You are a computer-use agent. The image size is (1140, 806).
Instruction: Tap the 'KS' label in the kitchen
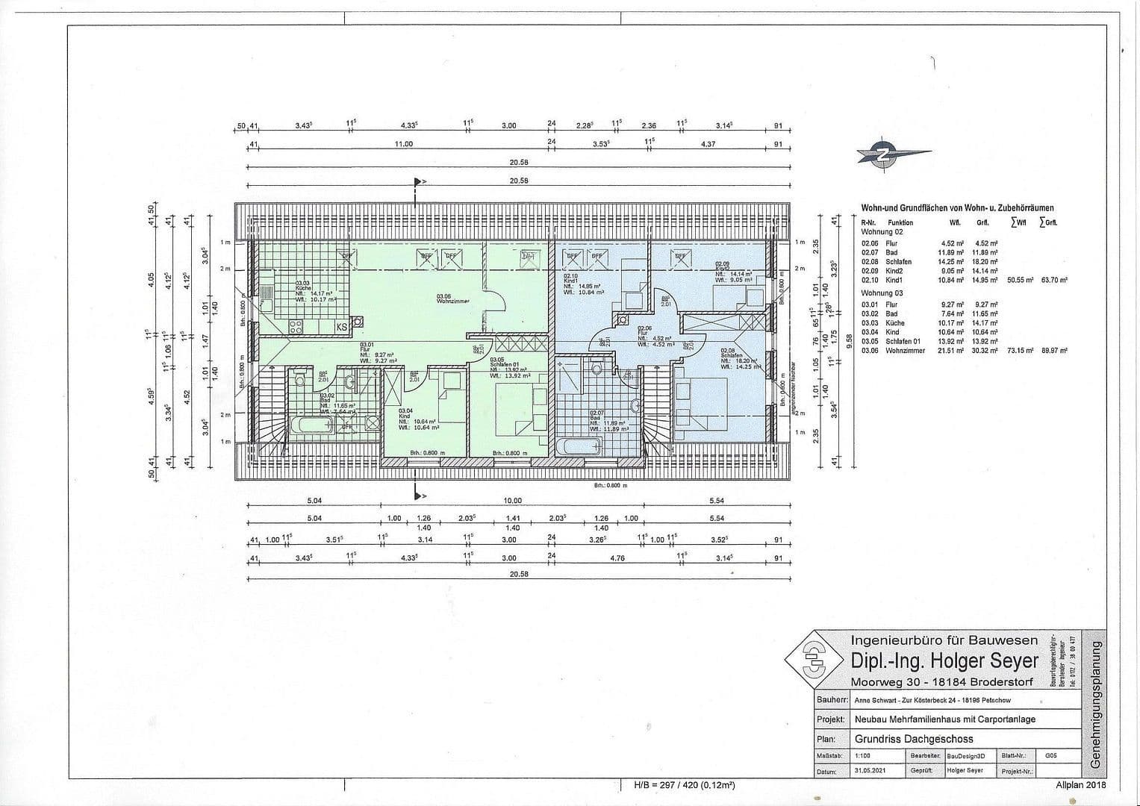(340, 326)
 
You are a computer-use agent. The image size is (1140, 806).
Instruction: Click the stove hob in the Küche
(295, 326)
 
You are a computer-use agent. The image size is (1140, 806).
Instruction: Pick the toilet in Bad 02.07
(597, 369)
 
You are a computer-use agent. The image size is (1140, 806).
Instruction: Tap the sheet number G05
(1051, 756)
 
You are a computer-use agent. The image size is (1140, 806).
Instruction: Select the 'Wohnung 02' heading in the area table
(882, 232)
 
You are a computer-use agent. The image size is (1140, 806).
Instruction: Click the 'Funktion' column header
(900, 222)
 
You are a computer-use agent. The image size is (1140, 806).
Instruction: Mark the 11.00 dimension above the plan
(404, 143)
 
